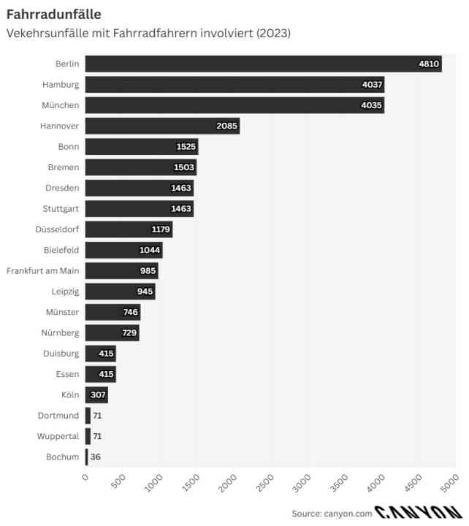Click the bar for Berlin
point(263,64)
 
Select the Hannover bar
point(162,126)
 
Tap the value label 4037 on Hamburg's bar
point(372,85)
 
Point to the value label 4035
point(372,105)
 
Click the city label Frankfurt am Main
point(42,271)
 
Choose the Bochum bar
point(86,457)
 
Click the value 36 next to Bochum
point(96,457)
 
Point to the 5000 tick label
point(449,483)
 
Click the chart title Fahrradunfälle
point(53,15)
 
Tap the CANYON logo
point(419,513)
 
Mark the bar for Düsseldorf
point(129,229)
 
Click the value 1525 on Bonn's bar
point(186,147)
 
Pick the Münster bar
point(113,313)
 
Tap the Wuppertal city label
point(58,437)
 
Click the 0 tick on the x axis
point(85,478)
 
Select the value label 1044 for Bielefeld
point(150,251)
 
